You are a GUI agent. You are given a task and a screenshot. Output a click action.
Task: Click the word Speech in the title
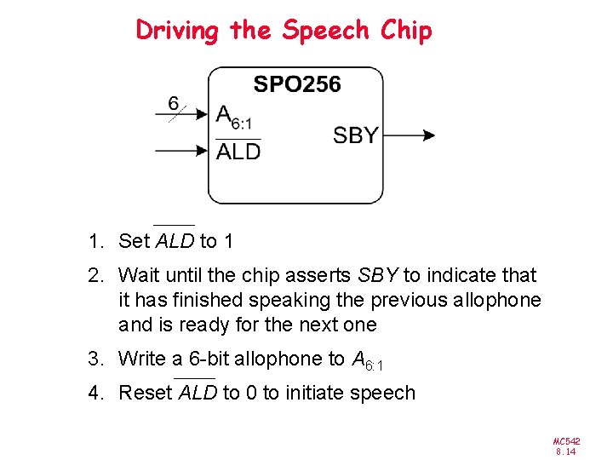[325, 31]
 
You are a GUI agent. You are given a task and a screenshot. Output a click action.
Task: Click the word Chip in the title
[406, 31]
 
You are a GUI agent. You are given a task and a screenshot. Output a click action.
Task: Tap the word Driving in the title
[177, 31]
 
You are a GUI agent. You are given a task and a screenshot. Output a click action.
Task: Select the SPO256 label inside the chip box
[296, 84]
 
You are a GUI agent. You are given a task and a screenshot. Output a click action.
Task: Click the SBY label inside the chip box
[355, 135]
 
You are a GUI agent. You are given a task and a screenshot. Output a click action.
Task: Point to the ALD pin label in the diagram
[238, 152]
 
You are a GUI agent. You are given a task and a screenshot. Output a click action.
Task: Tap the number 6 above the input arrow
[174, 103]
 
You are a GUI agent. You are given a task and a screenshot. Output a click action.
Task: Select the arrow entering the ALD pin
[182, 152]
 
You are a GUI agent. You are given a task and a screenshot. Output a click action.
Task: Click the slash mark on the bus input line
[176, 113]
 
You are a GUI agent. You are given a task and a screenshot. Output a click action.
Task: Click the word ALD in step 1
[175, 241]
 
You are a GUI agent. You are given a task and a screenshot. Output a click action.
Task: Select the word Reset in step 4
[145, 393]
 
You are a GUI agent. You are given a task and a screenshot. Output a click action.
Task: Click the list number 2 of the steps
[93, 275]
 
